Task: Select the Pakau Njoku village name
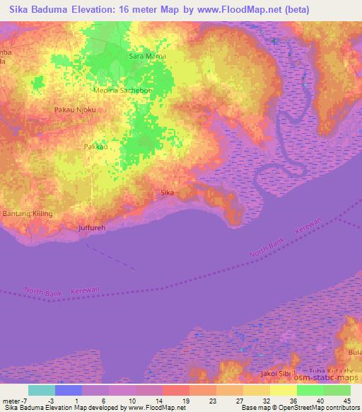tap(74, 110)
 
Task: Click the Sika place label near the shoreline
tap(168, 192)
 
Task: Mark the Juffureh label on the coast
tap(91, 227)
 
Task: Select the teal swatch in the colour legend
tap(42, 390)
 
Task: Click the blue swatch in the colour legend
tap(69, 390)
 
